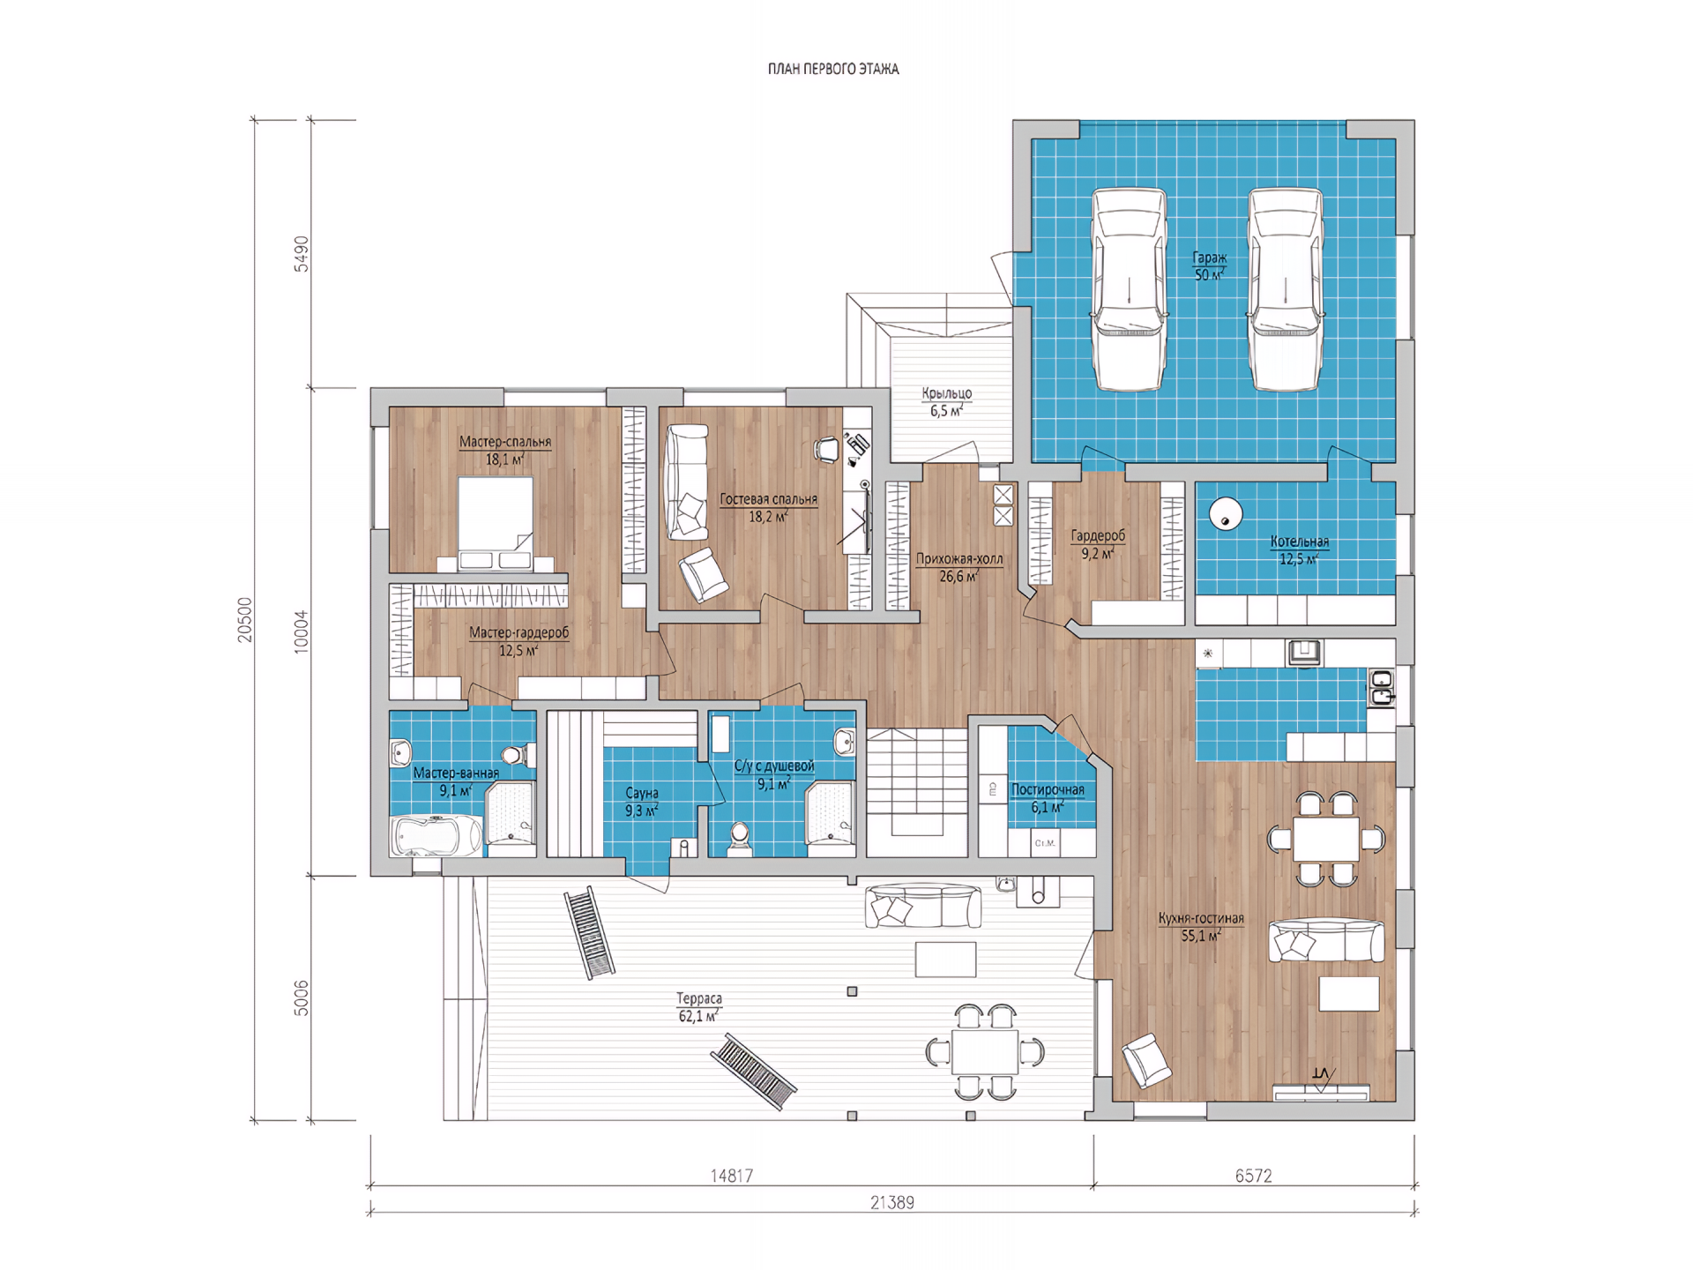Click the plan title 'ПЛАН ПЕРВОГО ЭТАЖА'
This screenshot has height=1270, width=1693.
pyautogui.click(x=833, y=69)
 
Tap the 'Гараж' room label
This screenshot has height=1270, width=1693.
pyautogui.click(x=1209, y=258)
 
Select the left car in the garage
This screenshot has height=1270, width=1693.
pyautogui.click(x=1130, y=288)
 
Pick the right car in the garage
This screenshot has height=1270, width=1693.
pyautogui.click(x=1285, y=288)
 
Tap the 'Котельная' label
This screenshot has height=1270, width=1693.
pyautogui.click(x=1299, y=542)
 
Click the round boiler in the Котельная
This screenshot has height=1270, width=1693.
pyautogui.click(x=1225, y=514)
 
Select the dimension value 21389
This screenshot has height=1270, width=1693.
pyautogui.click(x=891, y=1202)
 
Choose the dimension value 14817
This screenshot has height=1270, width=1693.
pyautogui.click(x=731, y=1176)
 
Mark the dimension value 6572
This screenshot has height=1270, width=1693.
pyautogui.click(x=1253, y=1176)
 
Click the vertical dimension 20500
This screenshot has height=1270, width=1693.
pyautogui.click(x=245, y=620)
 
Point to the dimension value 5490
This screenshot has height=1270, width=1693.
pyautogui.click(x=302, y=253)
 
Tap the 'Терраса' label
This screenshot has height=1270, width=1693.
pyautogui.click(x=699, y=998)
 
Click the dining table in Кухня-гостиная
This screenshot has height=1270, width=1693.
pyautogui.click(x=1326, y=839)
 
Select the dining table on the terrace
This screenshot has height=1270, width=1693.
pyautogui.click(x=985, y=1051)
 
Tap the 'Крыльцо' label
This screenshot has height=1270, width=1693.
pyautogui.click(x=947, y=393)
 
